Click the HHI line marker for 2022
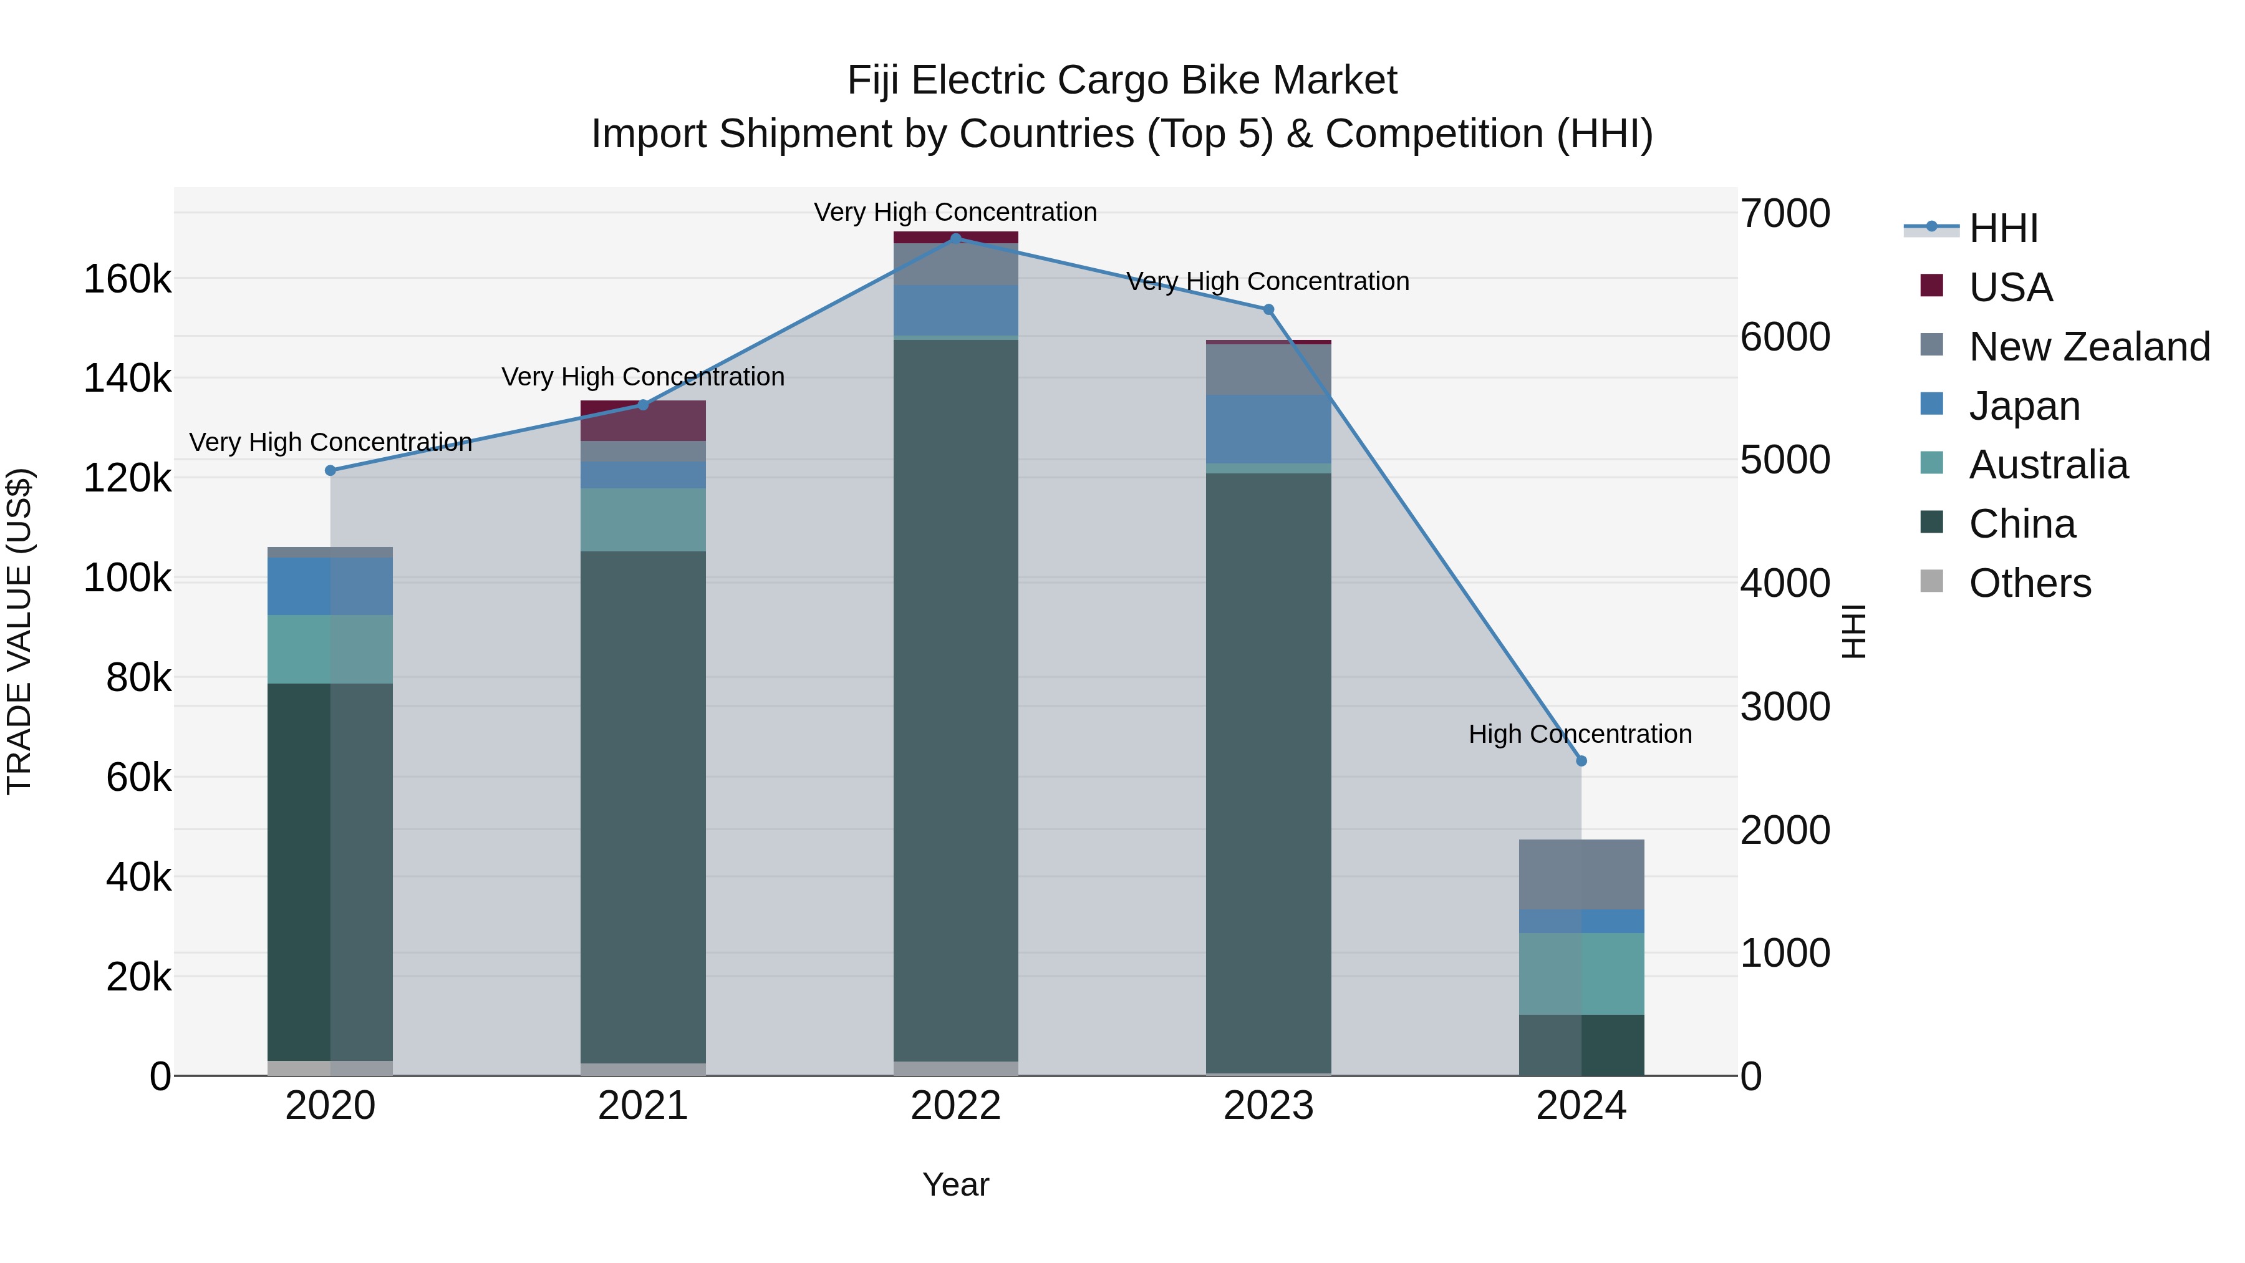point(955,239)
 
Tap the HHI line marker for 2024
point(1581,761)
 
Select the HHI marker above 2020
point(331,471)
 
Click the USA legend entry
point(2010,288)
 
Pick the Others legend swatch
point(1932,583)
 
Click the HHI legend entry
point(2002,228)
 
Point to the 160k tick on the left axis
point(127,280)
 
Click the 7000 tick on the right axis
point(1785,213)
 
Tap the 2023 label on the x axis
point(1268,1106)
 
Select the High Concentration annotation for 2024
point(1580,734)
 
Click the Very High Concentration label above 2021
point(643,377)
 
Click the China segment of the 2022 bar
point(955,697)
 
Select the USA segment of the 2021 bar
point(643,421)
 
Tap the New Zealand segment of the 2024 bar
point(1581,874)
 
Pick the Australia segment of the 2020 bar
point(331,649)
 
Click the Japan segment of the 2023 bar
point(1268,429)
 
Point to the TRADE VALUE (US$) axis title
point(20,631)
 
